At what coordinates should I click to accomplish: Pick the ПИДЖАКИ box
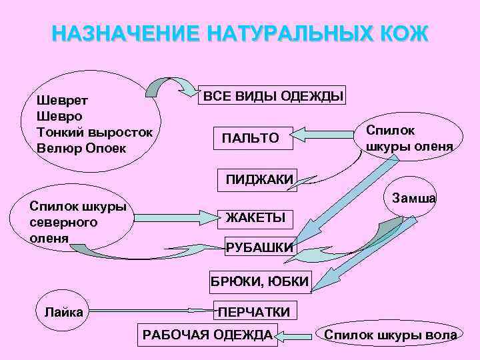tap(259, 178)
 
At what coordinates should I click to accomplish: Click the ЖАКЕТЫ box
tap(255, 217)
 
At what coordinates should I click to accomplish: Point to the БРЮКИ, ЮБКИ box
tap(260, 283)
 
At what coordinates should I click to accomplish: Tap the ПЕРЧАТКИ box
tap(254, 311)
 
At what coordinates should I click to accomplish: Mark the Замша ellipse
tap(415, 198)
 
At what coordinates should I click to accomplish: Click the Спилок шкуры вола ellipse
tap(390, 335)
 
